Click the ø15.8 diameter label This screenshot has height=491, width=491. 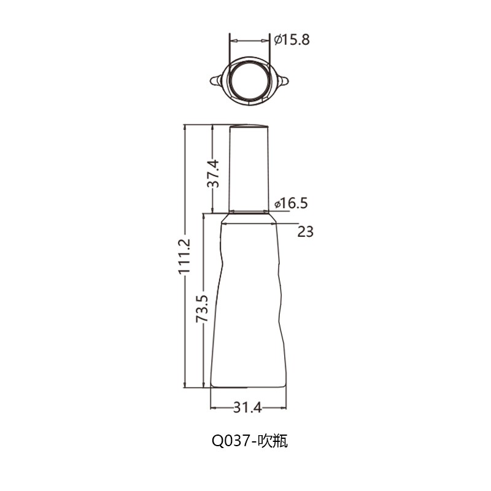click(292, 40)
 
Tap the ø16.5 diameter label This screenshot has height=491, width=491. click(291, 203)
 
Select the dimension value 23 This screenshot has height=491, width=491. click(305, 232)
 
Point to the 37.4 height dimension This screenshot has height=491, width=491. click(213, 174)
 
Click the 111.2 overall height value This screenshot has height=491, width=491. click(185, 257)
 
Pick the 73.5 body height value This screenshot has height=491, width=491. click(202, 309)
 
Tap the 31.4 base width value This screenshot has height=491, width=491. click(247, 408)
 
